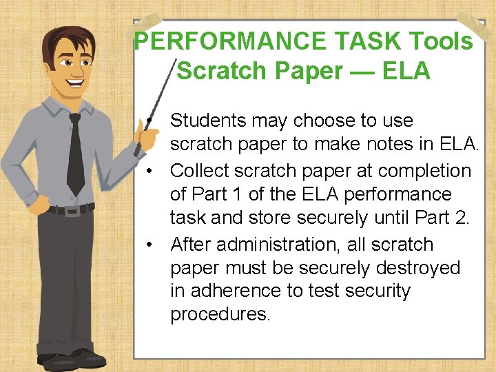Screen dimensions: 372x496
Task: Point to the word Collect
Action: pos(200,170)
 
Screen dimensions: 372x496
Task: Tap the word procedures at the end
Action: pos(220,314)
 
